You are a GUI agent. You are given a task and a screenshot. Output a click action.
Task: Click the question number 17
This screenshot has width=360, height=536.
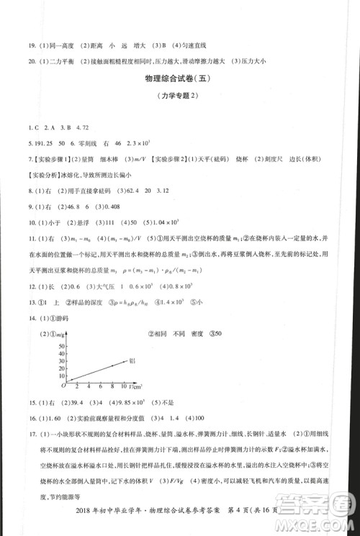pos(30,433)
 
